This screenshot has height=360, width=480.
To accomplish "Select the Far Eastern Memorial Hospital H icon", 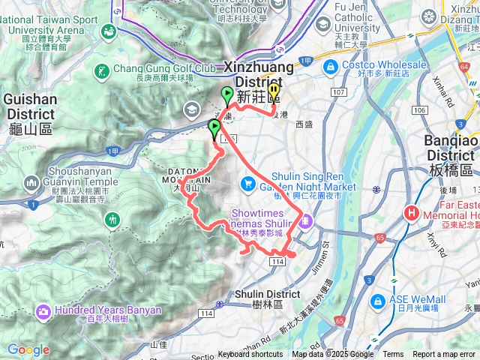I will (x=411, y=213).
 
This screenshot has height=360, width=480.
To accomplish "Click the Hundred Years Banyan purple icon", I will (x=43, y=310).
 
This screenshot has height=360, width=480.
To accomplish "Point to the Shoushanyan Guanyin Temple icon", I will (x=31, y=181).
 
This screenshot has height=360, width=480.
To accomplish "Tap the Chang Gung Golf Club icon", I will (x=101, y=73).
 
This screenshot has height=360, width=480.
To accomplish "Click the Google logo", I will (x=28, y=349).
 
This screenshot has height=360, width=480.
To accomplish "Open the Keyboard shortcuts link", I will (x=250, y=355).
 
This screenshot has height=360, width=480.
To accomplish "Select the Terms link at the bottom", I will (x=393, y=355).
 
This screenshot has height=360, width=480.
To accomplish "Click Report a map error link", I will (x=445, y=355).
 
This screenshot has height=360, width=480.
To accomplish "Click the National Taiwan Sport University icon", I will (x=109, y=31).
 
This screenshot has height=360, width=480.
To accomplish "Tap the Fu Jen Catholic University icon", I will (x=322, y=24).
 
